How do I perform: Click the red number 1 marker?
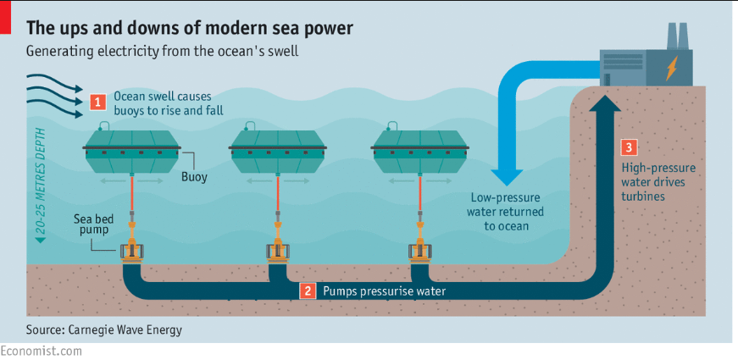[x=98, y=102]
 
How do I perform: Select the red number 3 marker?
[x=628, y=147]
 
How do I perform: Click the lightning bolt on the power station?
[x=671, y=67]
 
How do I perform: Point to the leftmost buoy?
[x=134, y=152]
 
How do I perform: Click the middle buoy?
[x=278, y=152]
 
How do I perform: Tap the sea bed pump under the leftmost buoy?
[x=133, y=251]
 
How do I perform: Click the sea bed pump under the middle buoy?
[x=277, y=251]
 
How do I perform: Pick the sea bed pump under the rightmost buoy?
[x=419, y=251]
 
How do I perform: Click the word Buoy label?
[x=194, y=178]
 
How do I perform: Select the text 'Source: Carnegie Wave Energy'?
[x=104, y=329]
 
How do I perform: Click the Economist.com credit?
[x=41, y=351]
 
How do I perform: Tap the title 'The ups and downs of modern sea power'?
[x=190, y=27]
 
